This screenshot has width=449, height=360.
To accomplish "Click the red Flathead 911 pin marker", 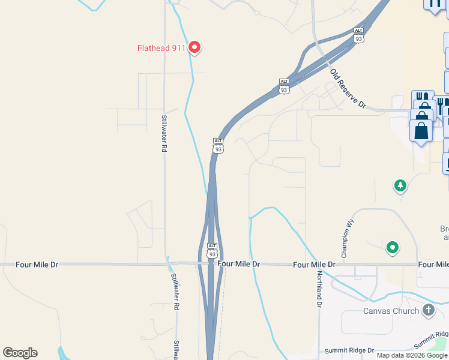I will tap(194, 47).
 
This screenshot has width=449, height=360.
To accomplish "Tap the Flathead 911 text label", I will tap(161, 47).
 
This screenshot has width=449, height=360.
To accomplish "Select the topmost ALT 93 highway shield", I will tap(359, 35).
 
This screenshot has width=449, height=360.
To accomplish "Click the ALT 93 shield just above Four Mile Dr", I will tap(212, 250).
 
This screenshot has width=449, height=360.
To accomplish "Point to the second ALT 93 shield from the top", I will tap(284, 86).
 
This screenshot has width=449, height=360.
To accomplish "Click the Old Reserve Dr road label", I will tap(348, 88).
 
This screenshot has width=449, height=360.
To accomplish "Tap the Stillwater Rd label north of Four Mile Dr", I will tap(163, 133).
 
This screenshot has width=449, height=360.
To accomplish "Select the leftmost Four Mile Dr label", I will tap(21, 264).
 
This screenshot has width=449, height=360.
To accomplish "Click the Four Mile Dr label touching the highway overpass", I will tap(239, 264).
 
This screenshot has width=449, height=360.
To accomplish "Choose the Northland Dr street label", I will tap(319, 289).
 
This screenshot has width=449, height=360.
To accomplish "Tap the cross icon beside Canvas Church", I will tap(428, 310).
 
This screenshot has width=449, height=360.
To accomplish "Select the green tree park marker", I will tap(400, 185).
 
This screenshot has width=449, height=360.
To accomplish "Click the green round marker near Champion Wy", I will tap(393, 247).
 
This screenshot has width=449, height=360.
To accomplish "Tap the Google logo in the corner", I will tap(20, 353).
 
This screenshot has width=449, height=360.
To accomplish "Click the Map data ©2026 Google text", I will tap(412, 355).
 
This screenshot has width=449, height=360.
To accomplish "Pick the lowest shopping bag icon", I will tap(421, 132).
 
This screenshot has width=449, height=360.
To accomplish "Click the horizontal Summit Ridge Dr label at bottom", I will tap(349, 350).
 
